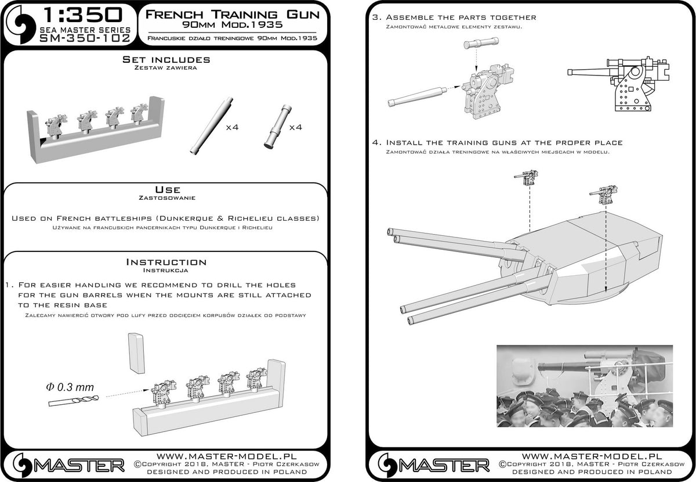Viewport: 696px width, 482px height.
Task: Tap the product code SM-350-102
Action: [81, 39]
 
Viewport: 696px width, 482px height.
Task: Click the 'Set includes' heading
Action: [166, 60]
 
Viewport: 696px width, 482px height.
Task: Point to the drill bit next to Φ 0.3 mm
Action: [73, 398]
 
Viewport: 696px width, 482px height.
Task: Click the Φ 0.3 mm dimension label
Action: [68, 386]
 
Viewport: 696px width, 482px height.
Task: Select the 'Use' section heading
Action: [167, 189]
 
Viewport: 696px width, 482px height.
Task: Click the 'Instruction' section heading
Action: [166, 262]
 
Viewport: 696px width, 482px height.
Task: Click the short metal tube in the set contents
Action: [277, 127]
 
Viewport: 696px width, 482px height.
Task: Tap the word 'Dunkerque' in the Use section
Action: [189, 218]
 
